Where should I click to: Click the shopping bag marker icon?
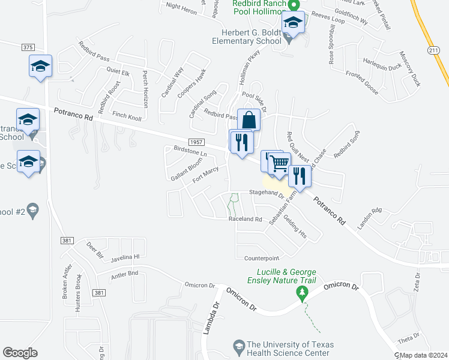pyautogui.click(x=249, y=120)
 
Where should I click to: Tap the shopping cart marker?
pyautogui.click(x=279, y=163)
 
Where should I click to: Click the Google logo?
pyautogui.click(x=20, y=352)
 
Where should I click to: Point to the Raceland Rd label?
pyautogui.click(x=246, y=220)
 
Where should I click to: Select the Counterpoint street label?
pyautogui.click(x=262, y=258)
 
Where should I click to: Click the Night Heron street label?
pyautogui.click(x=181, y=8)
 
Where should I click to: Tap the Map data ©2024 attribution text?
pyautogui.click(x=423, y=355)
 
